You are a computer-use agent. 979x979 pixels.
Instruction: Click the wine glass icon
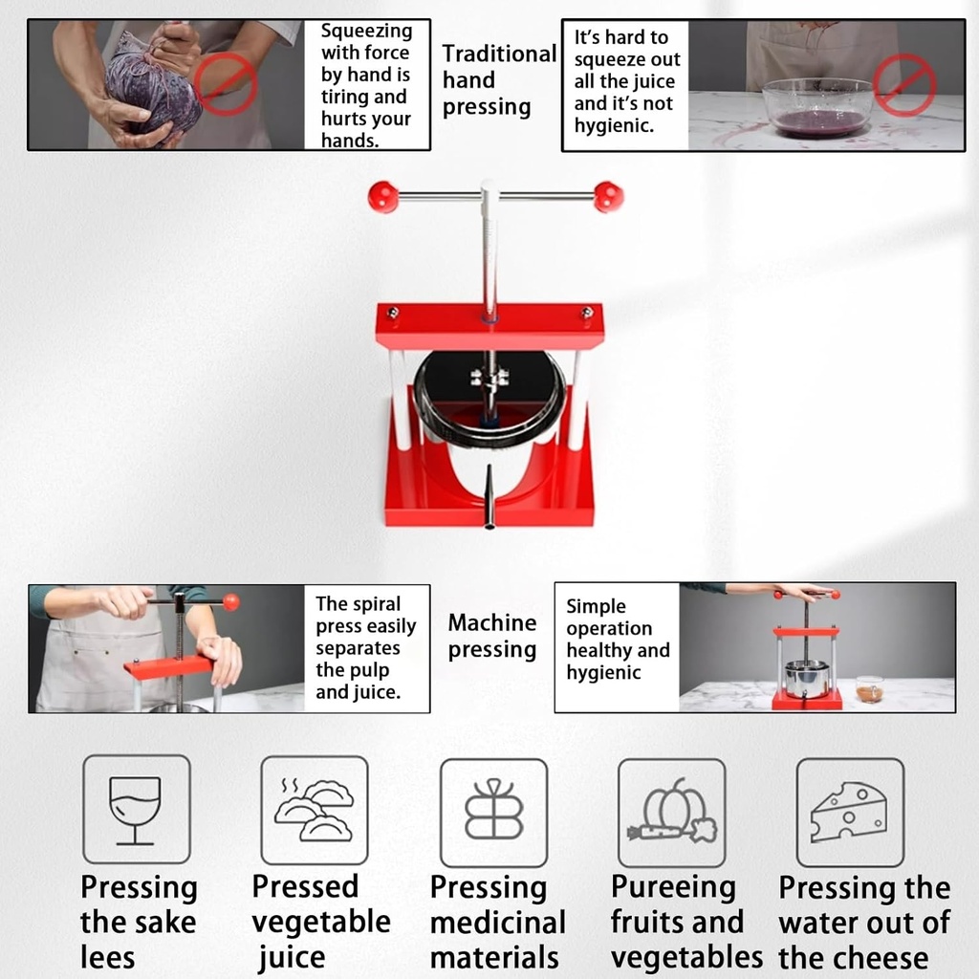click(x=136, y=810)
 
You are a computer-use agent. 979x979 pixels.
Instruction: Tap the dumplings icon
click(x=314, y=810)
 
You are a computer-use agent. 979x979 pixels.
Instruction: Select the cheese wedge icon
click(x=849, y=812)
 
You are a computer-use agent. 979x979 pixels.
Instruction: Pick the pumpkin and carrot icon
click(x=672, y=811)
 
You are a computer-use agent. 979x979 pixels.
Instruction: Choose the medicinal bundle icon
click(x=494, y=809)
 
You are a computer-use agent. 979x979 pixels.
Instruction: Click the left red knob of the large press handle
click(x=382, y=197)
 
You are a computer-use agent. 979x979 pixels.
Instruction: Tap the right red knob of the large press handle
click(x=608, y=197)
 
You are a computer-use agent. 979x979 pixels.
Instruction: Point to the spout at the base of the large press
click(x=489, y=496)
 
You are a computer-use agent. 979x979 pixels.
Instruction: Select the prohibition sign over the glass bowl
click(x=903, y=85)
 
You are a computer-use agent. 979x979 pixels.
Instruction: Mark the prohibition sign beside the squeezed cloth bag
click(x=225, y=84)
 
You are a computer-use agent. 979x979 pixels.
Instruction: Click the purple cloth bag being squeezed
click(x=152, y=84)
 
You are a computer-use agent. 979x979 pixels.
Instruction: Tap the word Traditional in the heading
click(x=499, y=54)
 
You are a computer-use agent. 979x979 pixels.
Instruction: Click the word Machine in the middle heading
click(x=492, y=622)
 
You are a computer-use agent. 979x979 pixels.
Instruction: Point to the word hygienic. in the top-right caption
click(x=614, y=126)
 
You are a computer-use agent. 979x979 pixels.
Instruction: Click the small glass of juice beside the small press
click(x=869, y=688)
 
